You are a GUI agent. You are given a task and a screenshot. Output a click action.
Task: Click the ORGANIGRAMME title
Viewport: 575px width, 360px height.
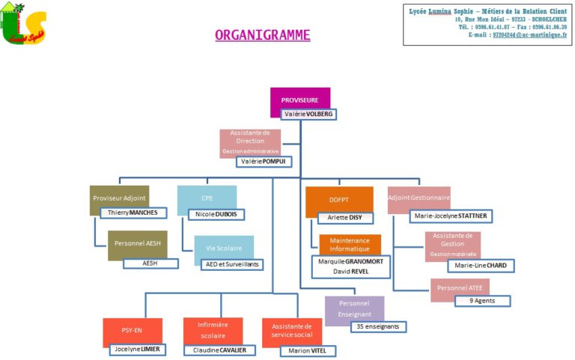[262, 35]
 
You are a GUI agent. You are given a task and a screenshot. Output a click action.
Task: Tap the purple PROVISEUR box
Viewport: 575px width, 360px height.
[299, 100]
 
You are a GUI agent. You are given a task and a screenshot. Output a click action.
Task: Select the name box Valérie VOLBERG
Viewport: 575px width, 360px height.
[308, 115]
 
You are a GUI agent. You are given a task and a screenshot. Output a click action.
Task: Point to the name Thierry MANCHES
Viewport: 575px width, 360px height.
[133, 213]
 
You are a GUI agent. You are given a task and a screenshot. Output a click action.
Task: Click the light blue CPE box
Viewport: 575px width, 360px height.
[207, 198]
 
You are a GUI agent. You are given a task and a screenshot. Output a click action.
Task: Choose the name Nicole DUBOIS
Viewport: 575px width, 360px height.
[216, 214]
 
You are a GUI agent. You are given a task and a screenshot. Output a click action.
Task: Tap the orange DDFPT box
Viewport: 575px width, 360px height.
[339, 200]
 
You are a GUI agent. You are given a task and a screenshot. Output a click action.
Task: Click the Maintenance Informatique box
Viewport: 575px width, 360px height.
[350, 244]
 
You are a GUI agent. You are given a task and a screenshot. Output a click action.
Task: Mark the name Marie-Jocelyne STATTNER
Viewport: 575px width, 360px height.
[451, 216]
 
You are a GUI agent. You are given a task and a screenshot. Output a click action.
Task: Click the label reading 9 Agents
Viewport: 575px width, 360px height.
[483, 301]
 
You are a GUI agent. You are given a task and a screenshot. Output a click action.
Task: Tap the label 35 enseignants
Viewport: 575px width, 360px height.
[379, 326]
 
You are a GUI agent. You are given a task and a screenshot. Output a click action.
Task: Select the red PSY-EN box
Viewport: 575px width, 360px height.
[132, 329]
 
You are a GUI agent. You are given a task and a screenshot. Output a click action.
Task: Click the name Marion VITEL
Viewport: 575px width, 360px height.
[308, 350]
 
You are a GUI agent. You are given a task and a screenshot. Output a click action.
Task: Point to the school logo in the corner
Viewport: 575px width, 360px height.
[24, 24]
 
